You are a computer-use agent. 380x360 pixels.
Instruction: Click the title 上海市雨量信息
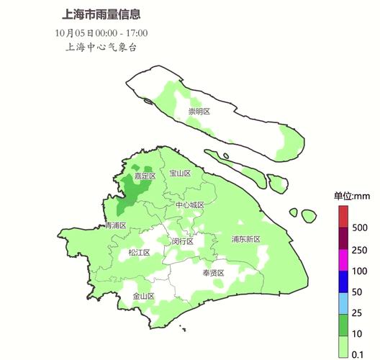(101, 14)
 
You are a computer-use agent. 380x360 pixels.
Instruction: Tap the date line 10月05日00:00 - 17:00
(101, 32)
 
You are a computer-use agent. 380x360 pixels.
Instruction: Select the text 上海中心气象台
(101, 48)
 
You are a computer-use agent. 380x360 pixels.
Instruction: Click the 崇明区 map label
(199, 111)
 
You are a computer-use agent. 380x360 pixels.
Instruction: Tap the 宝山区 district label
(179, 174)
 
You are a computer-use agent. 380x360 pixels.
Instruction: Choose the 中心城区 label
(190, 205)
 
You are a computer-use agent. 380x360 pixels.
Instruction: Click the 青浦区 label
(115, 225)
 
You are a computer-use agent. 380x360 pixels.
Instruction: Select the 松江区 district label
(139, 253)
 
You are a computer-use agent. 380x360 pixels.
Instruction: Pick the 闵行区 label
(183, 242)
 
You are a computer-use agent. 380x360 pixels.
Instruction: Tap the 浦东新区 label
(245, 239)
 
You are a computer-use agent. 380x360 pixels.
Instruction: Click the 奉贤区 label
(213, 273)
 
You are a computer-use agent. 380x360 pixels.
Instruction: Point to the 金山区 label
(143, 296)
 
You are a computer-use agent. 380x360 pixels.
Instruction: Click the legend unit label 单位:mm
(351, 196)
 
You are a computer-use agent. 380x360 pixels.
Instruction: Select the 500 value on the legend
(361, 228)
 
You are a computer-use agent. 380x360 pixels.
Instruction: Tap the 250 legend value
(361, 250)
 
